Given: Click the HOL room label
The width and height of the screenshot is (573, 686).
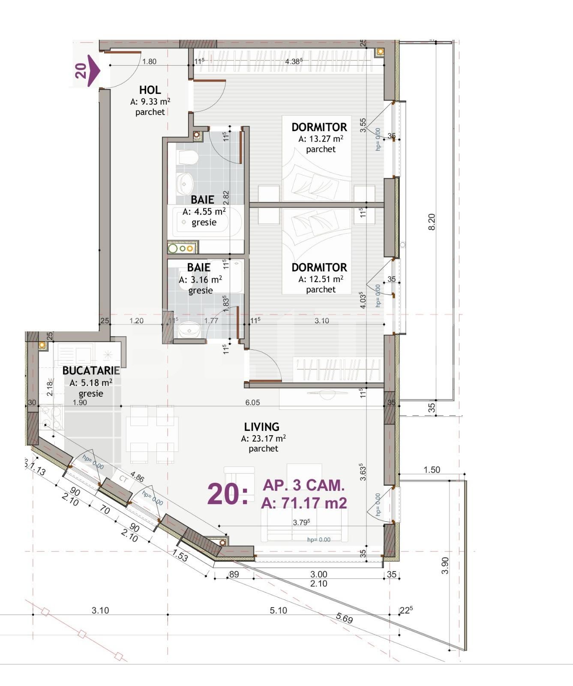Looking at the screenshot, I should pos(150,90).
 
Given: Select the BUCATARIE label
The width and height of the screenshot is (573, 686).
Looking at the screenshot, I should pos(91,371).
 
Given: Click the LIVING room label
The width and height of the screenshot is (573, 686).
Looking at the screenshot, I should pos(261,427).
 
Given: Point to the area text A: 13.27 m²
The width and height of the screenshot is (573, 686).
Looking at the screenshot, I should pos(321,139).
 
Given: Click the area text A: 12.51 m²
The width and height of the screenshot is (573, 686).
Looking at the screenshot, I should pos(321,279).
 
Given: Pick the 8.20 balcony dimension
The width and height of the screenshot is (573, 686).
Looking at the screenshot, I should pos(432,222).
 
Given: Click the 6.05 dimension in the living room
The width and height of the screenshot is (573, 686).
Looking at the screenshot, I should pos(252,403).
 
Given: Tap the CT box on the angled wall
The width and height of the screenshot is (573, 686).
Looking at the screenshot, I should pos(123,479).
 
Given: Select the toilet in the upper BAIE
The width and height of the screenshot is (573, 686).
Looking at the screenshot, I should pos(187,158).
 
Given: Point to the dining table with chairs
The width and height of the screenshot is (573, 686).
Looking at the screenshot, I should pos(152,434).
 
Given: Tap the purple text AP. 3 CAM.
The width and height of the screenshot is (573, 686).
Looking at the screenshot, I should pos(303,485).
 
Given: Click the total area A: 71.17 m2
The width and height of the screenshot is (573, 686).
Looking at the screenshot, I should pos(303,502).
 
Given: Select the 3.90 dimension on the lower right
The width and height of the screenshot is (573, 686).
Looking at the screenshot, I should pos(445,566).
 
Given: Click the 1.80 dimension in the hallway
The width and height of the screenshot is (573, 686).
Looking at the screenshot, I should pos(149,61).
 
